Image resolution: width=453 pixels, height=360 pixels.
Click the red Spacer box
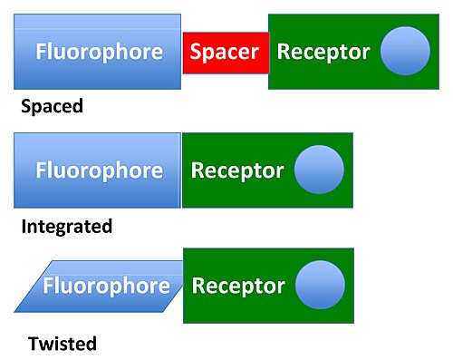click(226, 53)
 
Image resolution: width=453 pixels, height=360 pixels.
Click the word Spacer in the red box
click(225, 52)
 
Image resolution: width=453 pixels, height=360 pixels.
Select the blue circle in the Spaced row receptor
click(405, 51)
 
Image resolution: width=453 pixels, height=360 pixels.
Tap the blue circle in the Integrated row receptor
click(319, 170)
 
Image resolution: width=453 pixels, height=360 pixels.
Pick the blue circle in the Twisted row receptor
click(320, 285)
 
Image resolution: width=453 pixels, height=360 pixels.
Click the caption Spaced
click(52, 106)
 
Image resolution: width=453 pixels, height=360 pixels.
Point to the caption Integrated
click(67, 227)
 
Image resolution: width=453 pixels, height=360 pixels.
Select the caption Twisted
click(63, 344)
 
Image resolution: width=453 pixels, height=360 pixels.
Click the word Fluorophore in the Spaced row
click(100, 52)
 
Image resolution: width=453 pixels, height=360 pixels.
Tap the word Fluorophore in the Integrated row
click(100, 170)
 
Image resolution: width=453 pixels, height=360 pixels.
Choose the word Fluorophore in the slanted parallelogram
click(106, 286)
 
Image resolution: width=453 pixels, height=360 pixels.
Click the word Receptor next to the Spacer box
click(323, 52)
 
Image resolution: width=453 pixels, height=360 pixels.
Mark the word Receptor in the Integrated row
click(237, 171)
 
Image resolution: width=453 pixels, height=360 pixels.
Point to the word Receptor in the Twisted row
click(238, 287)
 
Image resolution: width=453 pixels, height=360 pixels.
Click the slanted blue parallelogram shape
click(99, 287)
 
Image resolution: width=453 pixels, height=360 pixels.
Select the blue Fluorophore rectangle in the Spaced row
click(98, 52)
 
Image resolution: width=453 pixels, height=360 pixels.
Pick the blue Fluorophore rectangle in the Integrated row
click(98, 170)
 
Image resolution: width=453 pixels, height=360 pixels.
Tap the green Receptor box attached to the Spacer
click(353, 52)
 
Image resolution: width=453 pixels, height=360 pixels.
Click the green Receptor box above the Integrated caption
click(267, 170)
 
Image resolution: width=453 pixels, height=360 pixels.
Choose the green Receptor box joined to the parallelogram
click(268, 286)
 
